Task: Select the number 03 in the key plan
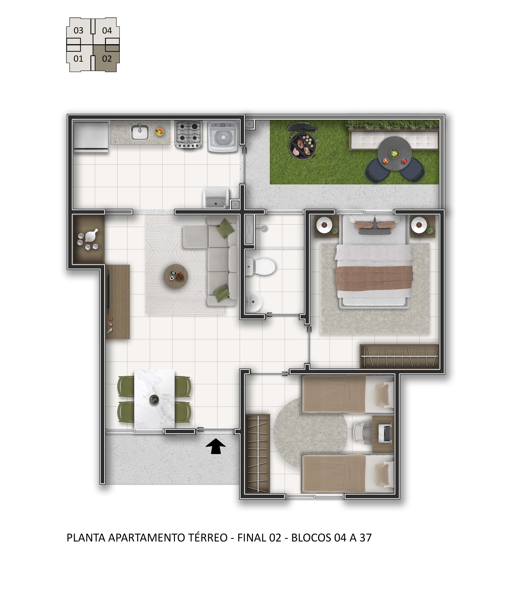pos(78,30)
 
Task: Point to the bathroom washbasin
pos(253,301)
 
